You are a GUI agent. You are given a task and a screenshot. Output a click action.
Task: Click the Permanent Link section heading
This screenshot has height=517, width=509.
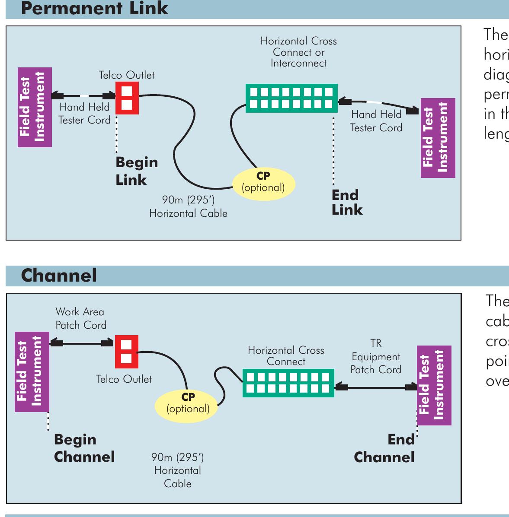(x=94, y=9)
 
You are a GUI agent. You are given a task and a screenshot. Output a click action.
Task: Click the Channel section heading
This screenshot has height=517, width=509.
(x=59, y=276)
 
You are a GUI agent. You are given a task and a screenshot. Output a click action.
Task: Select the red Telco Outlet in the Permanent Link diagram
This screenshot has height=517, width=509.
(x=127, y=98)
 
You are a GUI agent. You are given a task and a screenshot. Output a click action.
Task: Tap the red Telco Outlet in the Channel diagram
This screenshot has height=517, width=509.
(x=126, y=352)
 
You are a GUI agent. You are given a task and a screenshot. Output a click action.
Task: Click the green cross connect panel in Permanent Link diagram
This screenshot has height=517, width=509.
(x=291, y=98)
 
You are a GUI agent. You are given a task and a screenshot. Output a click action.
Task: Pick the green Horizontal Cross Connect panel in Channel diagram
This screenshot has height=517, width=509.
(x=288, y=383)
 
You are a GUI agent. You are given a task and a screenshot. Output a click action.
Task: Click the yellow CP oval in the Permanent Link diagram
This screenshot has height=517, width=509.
(x=263, y=184)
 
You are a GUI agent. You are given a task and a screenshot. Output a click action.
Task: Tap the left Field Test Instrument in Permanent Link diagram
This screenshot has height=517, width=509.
(x=35, y=107)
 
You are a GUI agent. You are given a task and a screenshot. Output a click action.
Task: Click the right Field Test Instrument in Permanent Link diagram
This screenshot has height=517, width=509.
(x=438, y=138)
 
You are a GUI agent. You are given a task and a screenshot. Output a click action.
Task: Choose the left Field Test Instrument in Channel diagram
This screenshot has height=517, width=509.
(x=32, y=371)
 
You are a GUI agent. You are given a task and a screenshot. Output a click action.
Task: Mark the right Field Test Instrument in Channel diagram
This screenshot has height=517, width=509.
(x=434, y=385)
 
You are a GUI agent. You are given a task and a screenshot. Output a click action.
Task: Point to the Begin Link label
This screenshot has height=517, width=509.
(x=136, y=171)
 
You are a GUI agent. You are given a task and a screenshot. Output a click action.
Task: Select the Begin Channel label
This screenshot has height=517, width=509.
(x=84, y=448)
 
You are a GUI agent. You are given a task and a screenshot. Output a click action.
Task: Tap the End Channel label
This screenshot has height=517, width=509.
(x=384, y=449)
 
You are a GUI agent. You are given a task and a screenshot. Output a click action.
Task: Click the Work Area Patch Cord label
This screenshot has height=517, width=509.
(x=80, y=318)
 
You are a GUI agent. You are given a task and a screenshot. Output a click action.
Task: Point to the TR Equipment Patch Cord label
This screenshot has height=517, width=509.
(x=375, y=357)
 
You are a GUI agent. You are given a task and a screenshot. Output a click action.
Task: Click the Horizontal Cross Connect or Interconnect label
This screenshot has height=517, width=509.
(x=298, y=52)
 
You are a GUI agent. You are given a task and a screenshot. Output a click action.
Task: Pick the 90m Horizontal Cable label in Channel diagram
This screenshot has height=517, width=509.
(x=177, y=470)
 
